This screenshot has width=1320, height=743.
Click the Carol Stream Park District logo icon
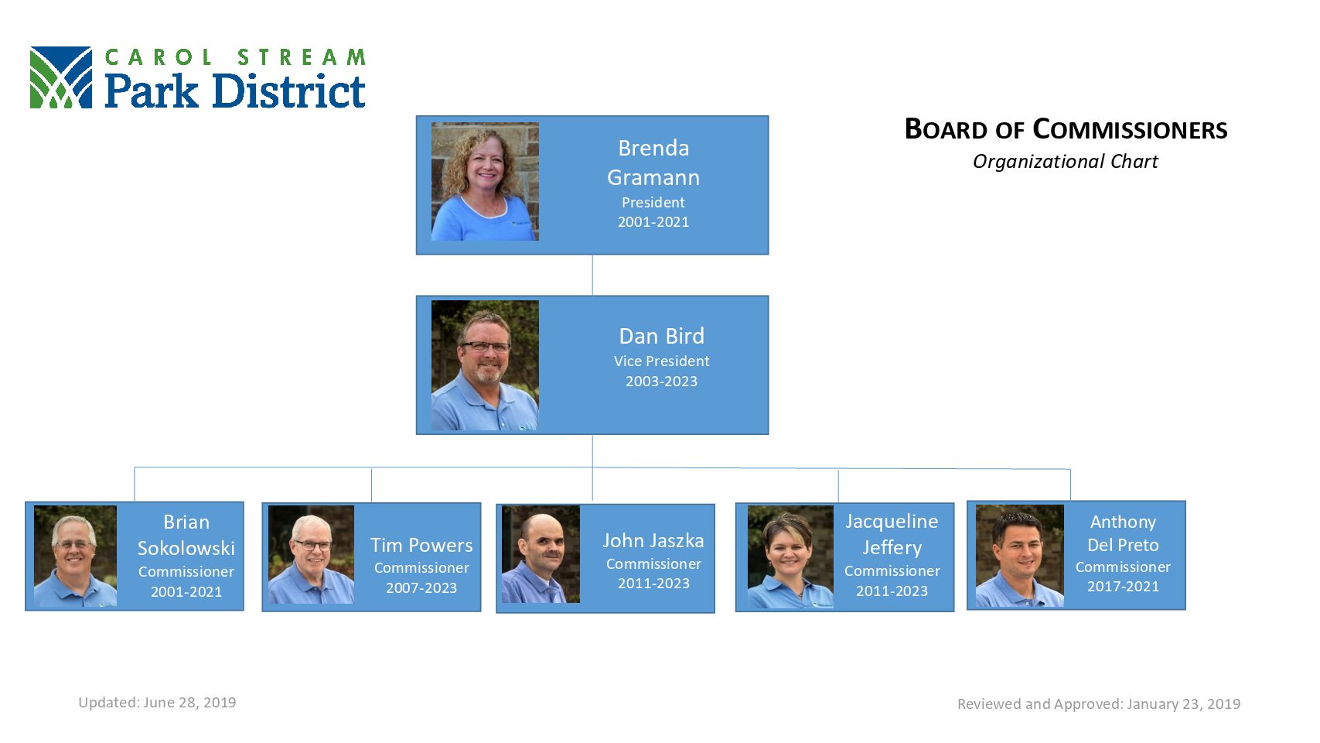(61, 77)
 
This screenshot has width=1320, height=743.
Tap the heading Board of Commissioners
(1066, 130)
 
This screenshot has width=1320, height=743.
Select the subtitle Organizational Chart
(1066, 162)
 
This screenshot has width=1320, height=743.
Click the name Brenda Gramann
(653, 163)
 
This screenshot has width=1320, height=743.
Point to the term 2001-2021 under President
(653, 222)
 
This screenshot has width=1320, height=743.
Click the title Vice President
(661, 361)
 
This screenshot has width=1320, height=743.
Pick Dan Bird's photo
(485, 365)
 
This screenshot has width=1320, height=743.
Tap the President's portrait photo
(485, 182)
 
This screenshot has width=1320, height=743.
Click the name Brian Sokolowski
(186, 535)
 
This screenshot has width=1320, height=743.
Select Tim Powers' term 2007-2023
(421, 588)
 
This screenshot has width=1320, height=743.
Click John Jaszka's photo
(541, 554)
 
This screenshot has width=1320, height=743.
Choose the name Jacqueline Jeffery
(892, 534)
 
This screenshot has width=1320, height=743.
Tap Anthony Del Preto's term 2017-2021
(1123, 587)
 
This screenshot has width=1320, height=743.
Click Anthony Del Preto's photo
(1020, 556)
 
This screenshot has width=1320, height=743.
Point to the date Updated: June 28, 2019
(157, 703)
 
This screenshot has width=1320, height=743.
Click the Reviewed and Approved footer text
(1099, 704)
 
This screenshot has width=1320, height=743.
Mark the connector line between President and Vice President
(592, 276)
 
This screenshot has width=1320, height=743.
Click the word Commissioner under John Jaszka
(653, 563)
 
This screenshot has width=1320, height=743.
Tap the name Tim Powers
(421, 545)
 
